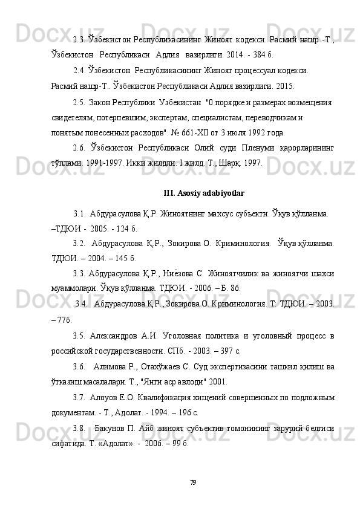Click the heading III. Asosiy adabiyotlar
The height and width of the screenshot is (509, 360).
(204, 193)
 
